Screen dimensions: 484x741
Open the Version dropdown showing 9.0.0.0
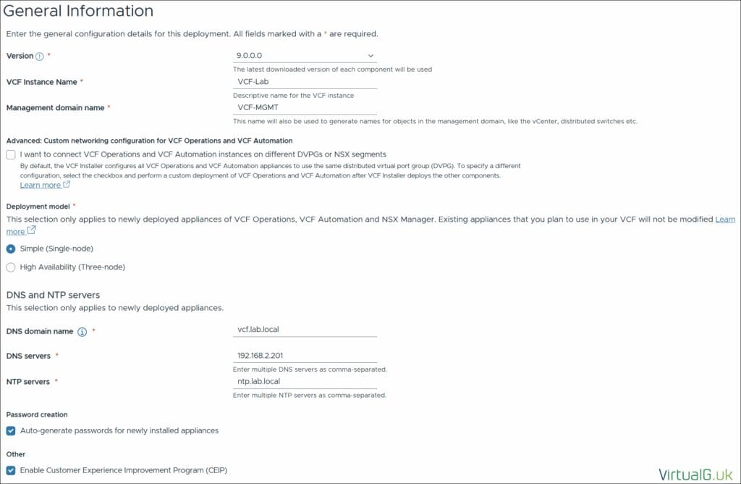pyautogui.click(x=305, y=56)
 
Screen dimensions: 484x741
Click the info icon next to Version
pyautogui.click(x=40, y=57)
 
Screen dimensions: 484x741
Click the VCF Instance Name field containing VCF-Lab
pyautogui.click(x=305, y=82)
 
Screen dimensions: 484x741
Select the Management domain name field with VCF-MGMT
pyautogui.click(x=305, y=107)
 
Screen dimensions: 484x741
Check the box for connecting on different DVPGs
pyautogui.click(x=11, y=154)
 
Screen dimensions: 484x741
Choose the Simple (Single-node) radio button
pyautogui.click(x=11, y=249)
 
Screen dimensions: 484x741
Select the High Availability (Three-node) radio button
pyautogui.click(x=11, y=267)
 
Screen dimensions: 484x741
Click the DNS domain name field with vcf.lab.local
pyautogui.click(x=305, y=329)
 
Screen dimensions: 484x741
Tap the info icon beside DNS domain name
pyautogui.click(x=82, y=332)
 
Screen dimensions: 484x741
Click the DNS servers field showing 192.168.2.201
pyautogui.click(x=305, y=356)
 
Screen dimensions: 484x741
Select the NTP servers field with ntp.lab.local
pyautogui.click(x=305, y=381)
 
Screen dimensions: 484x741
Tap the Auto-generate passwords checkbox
pyautogui.click(x=11, y=430)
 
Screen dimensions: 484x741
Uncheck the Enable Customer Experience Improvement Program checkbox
pyautogui.click(x=11, y=470)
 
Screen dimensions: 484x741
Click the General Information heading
pyautogui.click(x=79, y=11)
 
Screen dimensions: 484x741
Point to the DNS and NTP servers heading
pyautogui.click(x=53, y=295)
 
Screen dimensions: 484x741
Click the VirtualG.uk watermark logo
pyautogui.click(x=695, y=475)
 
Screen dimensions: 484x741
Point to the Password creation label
pyautogui.click(x=37, y=414)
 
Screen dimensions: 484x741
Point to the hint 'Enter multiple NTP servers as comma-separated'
pyautogui.click(x=309, y=395)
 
